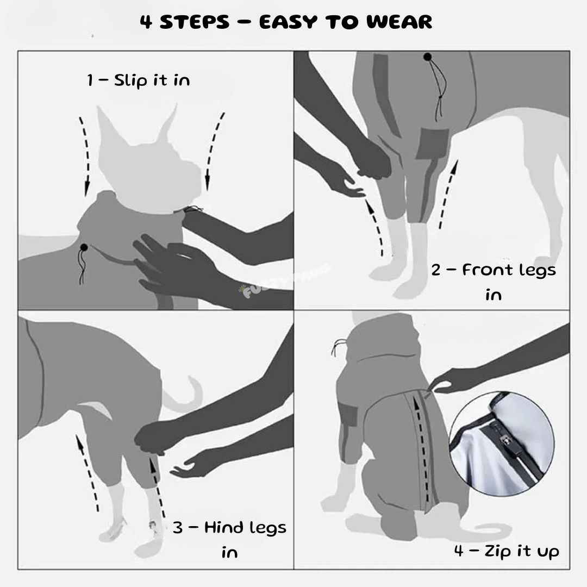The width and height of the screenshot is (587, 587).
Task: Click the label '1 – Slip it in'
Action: click(x=139, y=80)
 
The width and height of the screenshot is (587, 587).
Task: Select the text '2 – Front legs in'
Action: click(x=494, y=282)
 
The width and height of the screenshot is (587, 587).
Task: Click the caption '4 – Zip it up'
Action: click(x=507, y=551)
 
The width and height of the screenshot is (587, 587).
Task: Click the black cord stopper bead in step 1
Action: click(x=84, y=248)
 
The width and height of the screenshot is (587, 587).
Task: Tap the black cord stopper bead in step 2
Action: click(x=427, y=56)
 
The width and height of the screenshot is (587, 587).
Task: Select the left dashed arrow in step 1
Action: click(x=85, y=155)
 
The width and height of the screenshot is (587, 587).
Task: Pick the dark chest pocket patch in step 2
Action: click(x=433, y=143)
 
